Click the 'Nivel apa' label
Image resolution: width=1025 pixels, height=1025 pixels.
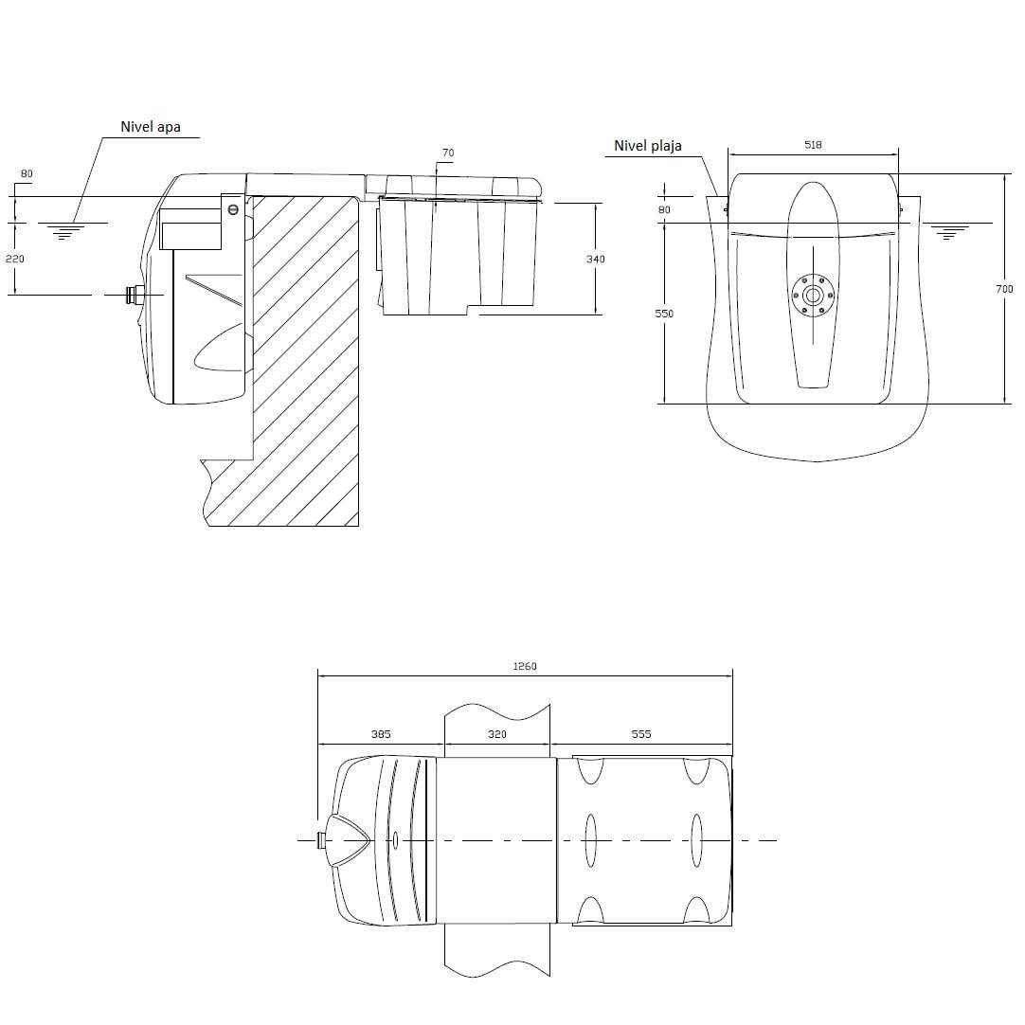[x=151, y=127]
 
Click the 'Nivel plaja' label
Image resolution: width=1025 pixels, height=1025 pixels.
[x=648, y=146]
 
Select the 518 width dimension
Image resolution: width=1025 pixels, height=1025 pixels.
[x=813, y=145]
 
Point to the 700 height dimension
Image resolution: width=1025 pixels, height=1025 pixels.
[x=1004, y=288]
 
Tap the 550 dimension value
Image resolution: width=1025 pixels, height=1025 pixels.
[x=664, y=314]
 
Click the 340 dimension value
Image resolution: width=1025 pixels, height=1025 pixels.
[x=596, y=259]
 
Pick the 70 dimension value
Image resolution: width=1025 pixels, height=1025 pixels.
[x=448, y=153]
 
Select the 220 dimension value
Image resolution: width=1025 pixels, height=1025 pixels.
[x=14, y=259]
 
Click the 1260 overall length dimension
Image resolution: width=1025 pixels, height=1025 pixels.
[x=524, y=666]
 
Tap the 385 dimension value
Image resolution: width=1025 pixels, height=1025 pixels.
[x=381, y=734]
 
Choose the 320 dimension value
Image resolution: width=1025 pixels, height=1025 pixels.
[x=496, y=734]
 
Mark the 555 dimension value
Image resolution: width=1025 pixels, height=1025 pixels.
[x=641, y=734]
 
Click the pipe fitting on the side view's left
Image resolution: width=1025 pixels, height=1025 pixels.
[x=134, y=296]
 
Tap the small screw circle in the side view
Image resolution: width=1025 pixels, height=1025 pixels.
[x=233, y=209]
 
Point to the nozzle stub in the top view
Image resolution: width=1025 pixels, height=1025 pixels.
[x=321, y=840]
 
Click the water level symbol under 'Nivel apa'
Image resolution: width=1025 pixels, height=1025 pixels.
[x=63, y=231]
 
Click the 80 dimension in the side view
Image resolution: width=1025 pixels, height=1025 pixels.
[x=27, y=174]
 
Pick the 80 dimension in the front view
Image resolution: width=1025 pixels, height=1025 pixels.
[x=664, y=210]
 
